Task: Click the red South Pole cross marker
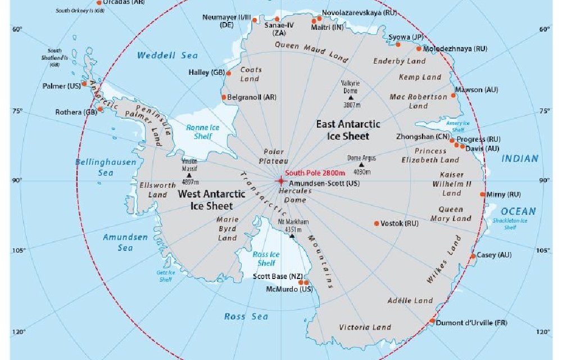click(x=280, y=181)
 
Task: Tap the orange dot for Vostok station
click(x=377, y=223)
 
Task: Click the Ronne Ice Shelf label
click(x=203, y=132)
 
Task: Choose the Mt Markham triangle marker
click(x=292, y=236)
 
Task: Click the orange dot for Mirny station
click(x=483, y=195)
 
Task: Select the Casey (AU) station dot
click(x=473, y=256)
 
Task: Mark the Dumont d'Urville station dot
click(x=432, y=321)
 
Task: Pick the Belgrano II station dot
click(x=224, y=97)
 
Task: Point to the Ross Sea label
click(x=246, y=317)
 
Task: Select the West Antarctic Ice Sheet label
click(x=211, y=200)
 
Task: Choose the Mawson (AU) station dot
click(x=454, y=88)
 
